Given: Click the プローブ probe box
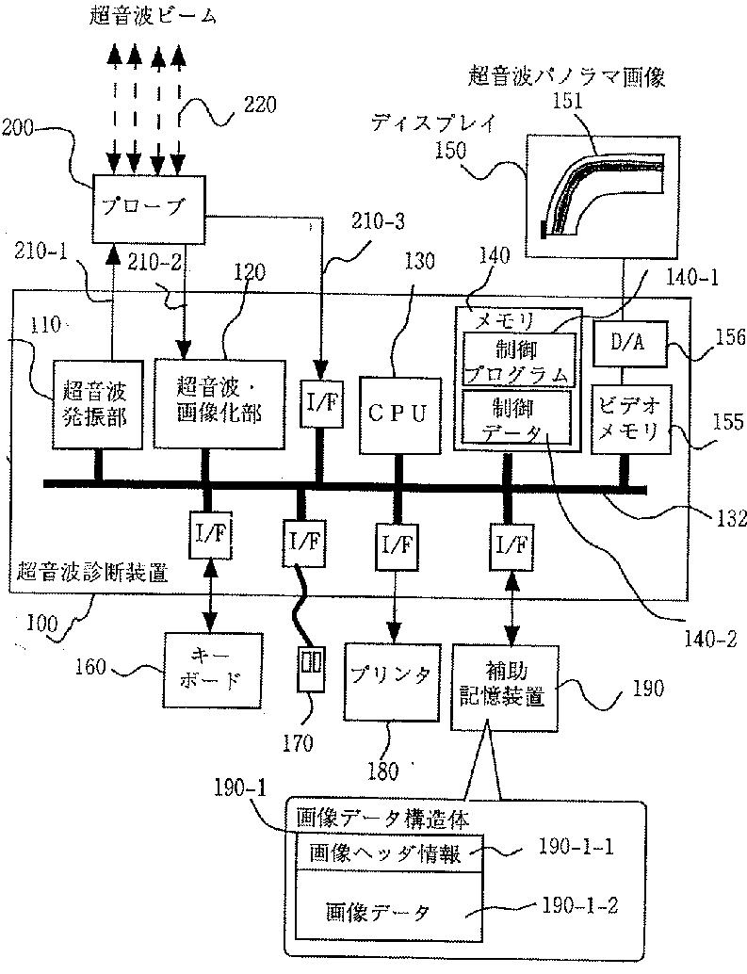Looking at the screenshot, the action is (149, 209).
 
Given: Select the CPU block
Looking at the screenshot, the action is (400, 414).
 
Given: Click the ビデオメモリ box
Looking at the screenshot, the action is (631, 419).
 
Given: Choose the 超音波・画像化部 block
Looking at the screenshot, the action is (219, 403).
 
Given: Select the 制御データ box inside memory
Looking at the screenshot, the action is (516, 416).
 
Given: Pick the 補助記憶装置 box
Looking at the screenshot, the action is (504, 687).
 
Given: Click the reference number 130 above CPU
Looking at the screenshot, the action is (420, 260).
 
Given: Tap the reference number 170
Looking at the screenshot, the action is (298, 743).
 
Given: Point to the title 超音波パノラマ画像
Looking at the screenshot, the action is (566, 77).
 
